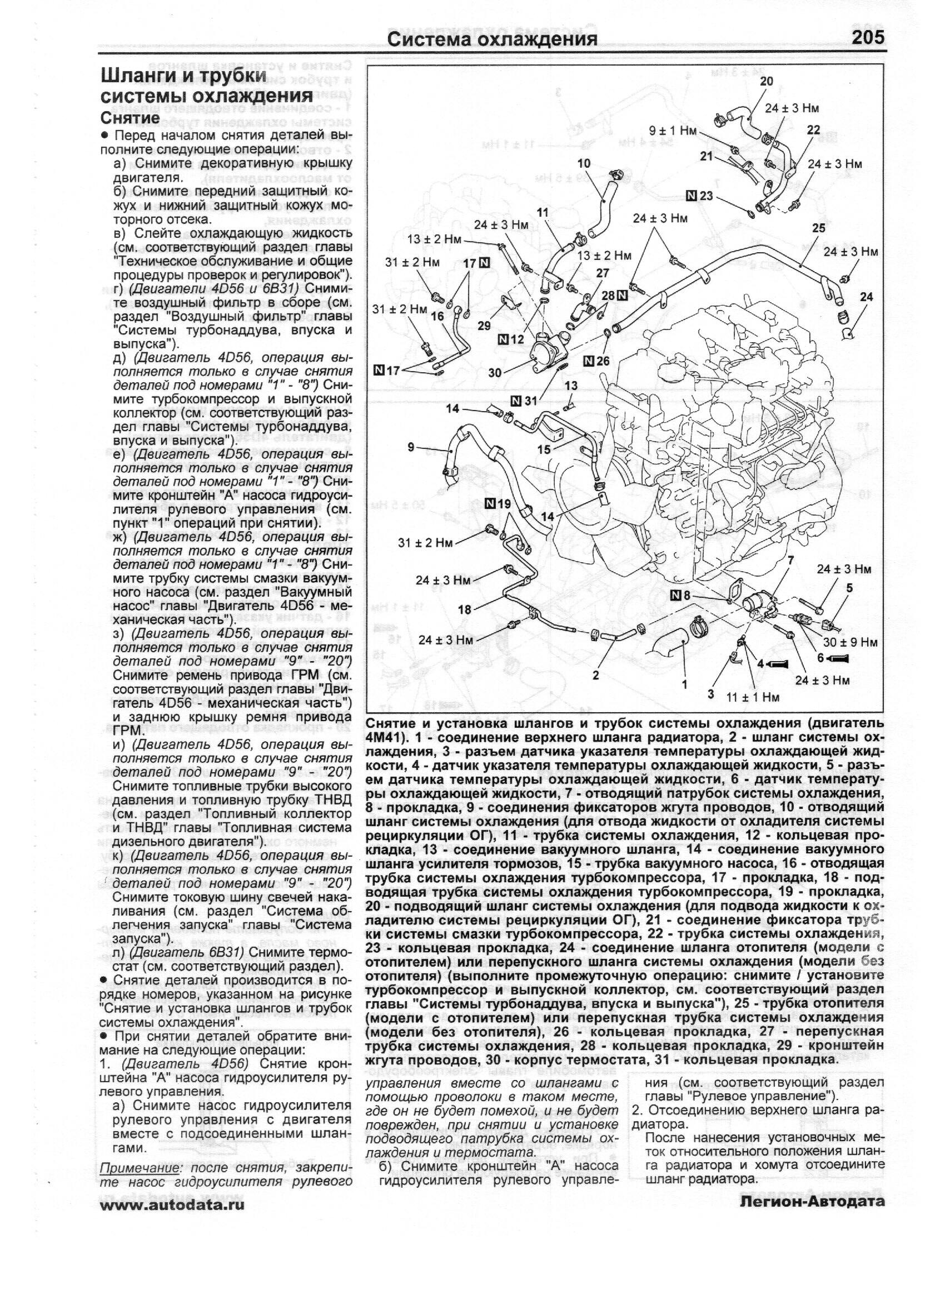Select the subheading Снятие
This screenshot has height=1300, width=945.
pos(130,117)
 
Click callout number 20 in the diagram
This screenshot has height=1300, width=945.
pos(766,82)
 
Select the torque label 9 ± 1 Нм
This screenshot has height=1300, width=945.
pos(672,131)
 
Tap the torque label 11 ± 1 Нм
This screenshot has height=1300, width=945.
pos(753,697)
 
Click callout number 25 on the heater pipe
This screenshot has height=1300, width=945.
pos(818,228)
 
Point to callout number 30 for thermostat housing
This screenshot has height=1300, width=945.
pos(495,373)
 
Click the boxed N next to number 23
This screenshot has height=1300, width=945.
pos(692,196)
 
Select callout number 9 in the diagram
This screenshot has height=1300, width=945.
pos(411,447)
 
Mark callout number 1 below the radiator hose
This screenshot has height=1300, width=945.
pos(684,684)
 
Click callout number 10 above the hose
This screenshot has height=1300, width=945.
pos(584,164)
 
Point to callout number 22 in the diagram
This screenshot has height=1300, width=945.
pos(813,130)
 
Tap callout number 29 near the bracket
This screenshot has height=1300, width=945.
pos(485,326)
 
